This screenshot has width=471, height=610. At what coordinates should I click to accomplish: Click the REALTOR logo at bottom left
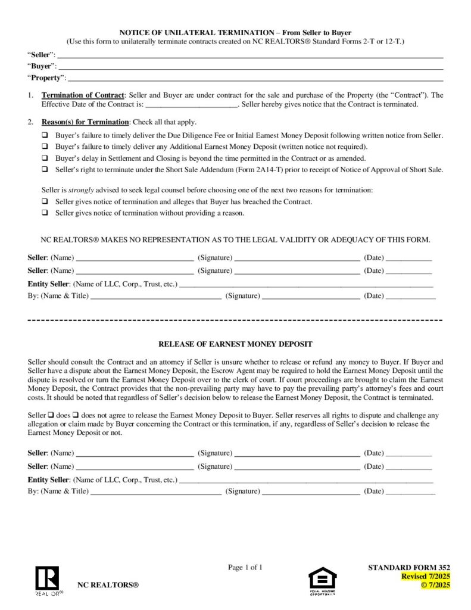point(47,581)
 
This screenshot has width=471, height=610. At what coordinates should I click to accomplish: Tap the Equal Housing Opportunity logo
point(322,580)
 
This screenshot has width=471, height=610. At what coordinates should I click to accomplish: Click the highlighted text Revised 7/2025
point(425,577)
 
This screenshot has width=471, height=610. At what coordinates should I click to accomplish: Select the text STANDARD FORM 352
point(410,568)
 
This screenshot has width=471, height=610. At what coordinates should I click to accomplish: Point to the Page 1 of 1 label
point(245,567)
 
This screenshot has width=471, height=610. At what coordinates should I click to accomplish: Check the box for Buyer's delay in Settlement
point(45,158)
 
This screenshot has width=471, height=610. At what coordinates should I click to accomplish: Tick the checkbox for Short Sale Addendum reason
point(45,169)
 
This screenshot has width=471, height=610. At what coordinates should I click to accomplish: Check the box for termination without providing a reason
point(45,213)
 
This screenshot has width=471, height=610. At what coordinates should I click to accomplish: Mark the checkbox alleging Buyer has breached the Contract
point(45,201)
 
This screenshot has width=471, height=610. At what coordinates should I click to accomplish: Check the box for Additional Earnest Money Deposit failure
point(45,147)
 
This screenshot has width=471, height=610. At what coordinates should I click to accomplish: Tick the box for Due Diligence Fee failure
point(45,135)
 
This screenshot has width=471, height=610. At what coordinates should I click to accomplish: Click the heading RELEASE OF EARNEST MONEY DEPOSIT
point(235,344)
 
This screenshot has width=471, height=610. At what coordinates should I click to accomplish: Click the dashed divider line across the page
point(235,320)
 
